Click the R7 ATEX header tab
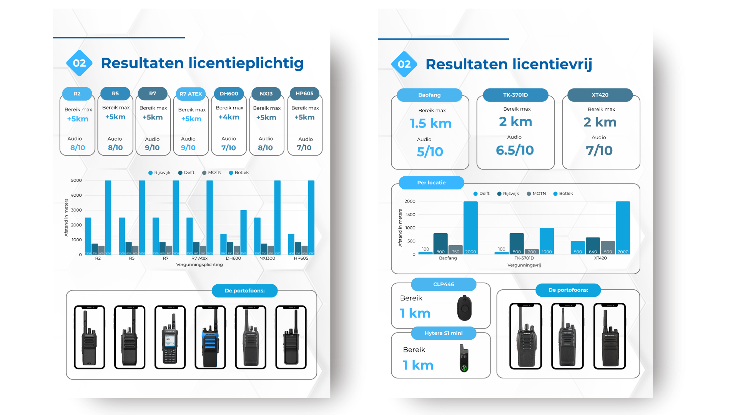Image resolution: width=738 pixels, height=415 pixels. click(191, 94)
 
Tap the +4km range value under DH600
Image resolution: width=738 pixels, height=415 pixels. click(229, 117)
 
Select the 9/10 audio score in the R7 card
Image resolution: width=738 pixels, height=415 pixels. click(152, 148)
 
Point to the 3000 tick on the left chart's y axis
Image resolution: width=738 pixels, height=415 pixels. click(76, 210)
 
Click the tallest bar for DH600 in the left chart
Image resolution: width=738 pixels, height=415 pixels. click(243, 232)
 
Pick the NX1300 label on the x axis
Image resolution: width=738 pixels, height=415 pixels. click(267, 258)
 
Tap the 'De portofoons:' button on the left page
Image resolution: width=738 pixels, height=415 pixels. click(244, 290)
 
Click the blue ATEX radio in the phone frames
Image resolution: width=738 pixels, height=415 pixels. click(210, 338)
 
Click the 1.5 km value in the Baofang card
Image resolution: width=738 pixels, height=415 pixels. click(430, 123)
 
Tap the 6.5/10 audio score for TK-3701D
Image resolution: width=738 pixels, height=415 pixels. click(515, 150)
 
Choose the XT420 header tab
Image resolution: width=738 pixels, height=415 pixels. click(600, 95)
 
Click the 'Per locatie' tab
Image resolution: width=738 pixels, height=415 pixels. click(431, 183)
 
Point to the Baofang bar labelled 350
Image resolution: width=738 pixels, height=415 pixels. click(455, 250)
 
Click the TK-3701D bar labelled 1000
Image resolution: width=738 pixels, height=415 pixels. click(547, 241)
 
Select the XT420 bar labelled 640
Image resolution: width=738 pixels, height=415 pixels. click(593, 246)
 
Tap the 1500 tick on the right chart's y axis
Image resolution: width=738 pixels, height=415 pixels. click(410, 214)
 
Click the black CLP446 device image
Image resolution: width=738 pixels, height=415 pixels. click(464, 308)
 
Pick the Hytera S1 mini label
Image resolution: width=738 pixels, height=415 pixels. click(444, 333)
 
